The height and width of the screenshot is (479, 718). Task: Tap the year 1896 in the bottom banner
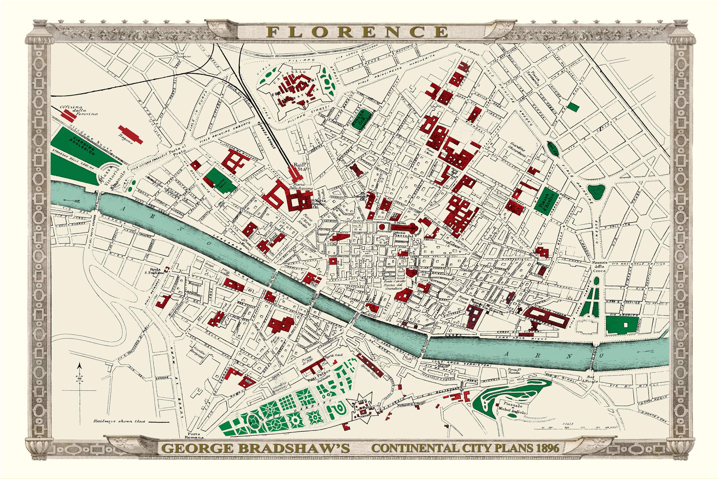pyautogui.click(x=548, y=448)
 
